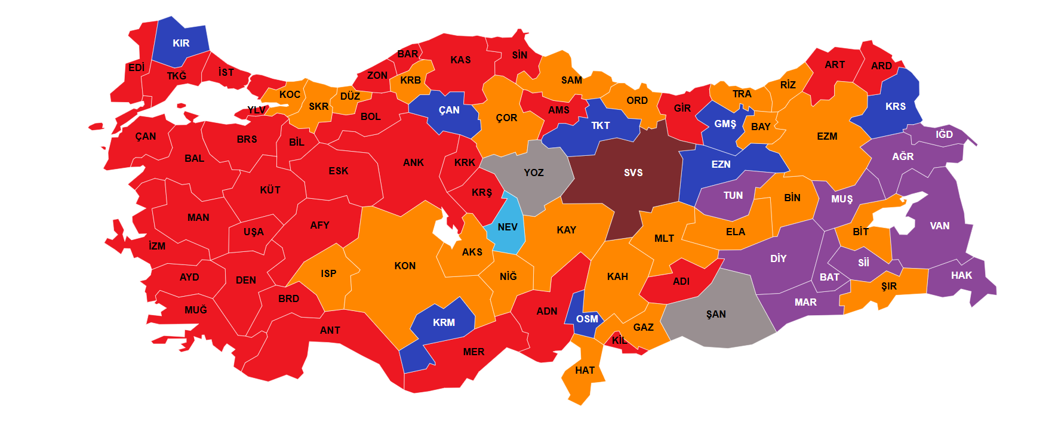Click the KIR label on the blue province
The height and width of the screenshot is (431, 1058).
(x=181, y=43)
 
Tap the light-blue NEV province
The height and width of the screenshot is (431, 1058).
(x=507, y=227)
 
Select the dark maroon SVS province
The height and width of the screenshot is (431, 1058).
(x=633, y=173)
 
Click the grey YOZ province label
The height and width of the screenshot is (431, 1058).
(x=533, y=173)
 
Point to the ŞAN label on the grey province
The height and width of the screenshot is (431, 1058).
(x=715, y=314)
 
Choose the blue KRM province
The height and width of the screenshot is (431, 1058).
(x=444, y=323)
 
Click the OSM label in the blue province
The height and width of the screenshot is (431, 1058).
(x=586, y=319)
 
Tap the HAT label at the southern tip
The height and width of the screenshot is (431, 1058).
(x=585, y=371)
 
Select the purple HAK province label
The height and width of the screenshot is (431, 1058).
(x=961, y=275)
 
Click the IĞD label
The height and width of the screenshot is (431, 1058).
(x=943, y=134)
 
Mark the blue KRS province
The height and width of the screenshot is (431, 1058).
(x=895, y=106)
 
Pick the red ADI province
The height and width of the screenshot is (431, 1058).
(x=681, y=281)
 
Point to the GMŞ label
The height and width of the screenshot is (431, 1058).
(x=725, y=124)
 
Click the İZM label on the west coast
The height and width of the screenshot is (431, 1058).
(x=157, y=245)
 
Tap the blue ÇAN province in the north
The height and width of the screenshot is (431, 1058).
(x=449, y=110)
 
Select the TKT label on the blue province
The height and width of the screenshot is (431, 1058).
(x=600, y=125)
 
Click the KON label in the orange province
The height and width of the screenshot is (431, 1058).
(x=404, y=266)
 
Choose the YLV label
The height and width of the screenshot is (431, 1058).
(x=256, y=110)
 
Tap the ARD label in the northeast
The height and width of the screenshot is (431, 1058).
(x=881, y=66)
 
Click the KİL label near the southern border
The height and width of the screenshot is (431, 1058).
(x=620, y=341)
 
